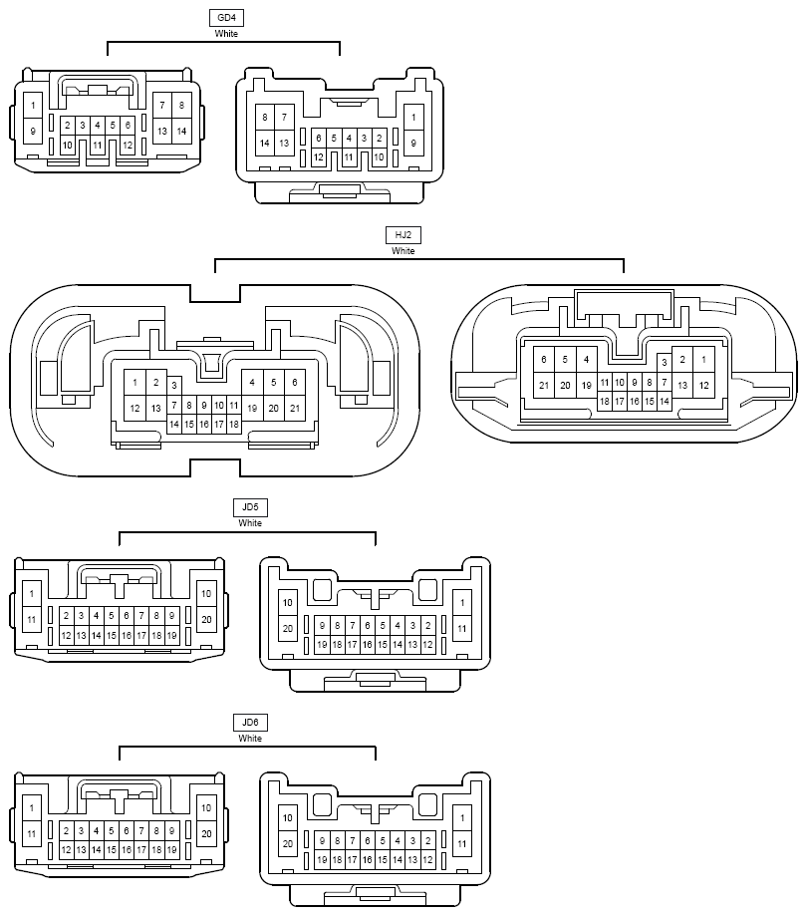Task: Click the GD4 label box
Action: [226, 18]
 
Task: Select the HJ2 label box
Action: [403, 235]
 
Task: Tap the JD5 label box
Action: [250, 507]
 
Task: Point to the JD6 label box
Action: [250, 723]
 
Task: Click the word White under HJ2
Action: [403, 251]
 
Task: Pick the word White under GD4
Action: [226, 34]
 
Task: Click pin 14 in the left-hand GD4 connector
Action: [181, 131]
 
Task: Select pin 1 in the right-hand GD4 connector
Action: [413, 118]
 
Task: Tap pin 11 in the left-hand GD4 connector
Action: [97, 145]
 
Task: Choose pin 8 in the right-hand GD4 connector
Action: [265, 118]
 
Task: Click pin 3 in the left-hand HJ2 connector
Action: [174, 386]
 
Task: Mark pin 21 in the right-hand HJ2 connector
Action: [544, 386]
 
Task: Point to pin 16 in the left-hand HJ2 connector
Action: [204, 425]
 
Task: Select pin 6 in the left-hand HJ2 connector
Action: [294, 383]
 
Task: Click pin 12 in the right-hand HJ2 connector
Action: [703, 386]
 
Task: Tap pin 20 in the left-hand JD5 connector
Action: [206, 619]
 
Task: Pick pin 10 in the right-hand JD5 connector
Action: [287, 603]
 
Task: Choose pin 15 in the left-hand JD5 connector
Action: [111, 636]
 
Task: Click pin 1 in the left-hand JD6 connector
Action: [32, 808]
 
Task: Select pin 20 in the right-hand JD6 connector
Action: [287, 843]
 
